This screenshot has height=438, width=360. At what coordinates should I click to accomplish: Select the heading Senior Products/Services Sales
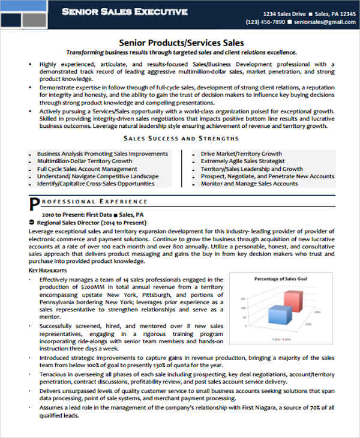click(181, 43)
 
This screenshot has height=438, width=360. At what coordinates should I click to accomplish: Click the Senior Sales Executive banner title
click(125, 11)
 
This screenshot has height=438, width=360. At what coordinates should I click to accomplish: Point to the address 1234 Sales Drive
click(285, 13)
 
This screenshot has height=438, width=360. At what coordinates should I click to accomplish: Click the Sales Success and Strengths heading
click(181, 138)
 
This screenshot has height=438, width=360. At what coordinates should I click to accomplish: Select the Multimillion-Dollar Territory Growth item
click(85, 161)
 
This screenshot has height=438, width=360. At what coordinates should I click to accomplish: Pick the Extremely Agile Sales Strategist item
click(242, 161)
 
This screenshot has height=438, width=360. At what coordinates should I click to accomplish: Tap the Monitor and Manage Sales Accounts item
click(249, 184)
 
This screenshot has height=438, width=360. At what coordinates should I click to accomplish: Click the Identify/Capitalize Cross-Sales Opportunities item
click(100, 184)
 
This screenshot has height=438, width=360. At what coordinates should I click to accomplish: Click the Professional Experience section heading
click(90, 202)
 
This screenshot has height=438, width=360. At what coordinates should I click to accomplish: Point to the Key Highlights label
click(47, 271)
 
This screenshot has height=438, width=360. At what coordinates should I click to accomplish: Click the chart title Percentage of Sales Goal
click(281, 279)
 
